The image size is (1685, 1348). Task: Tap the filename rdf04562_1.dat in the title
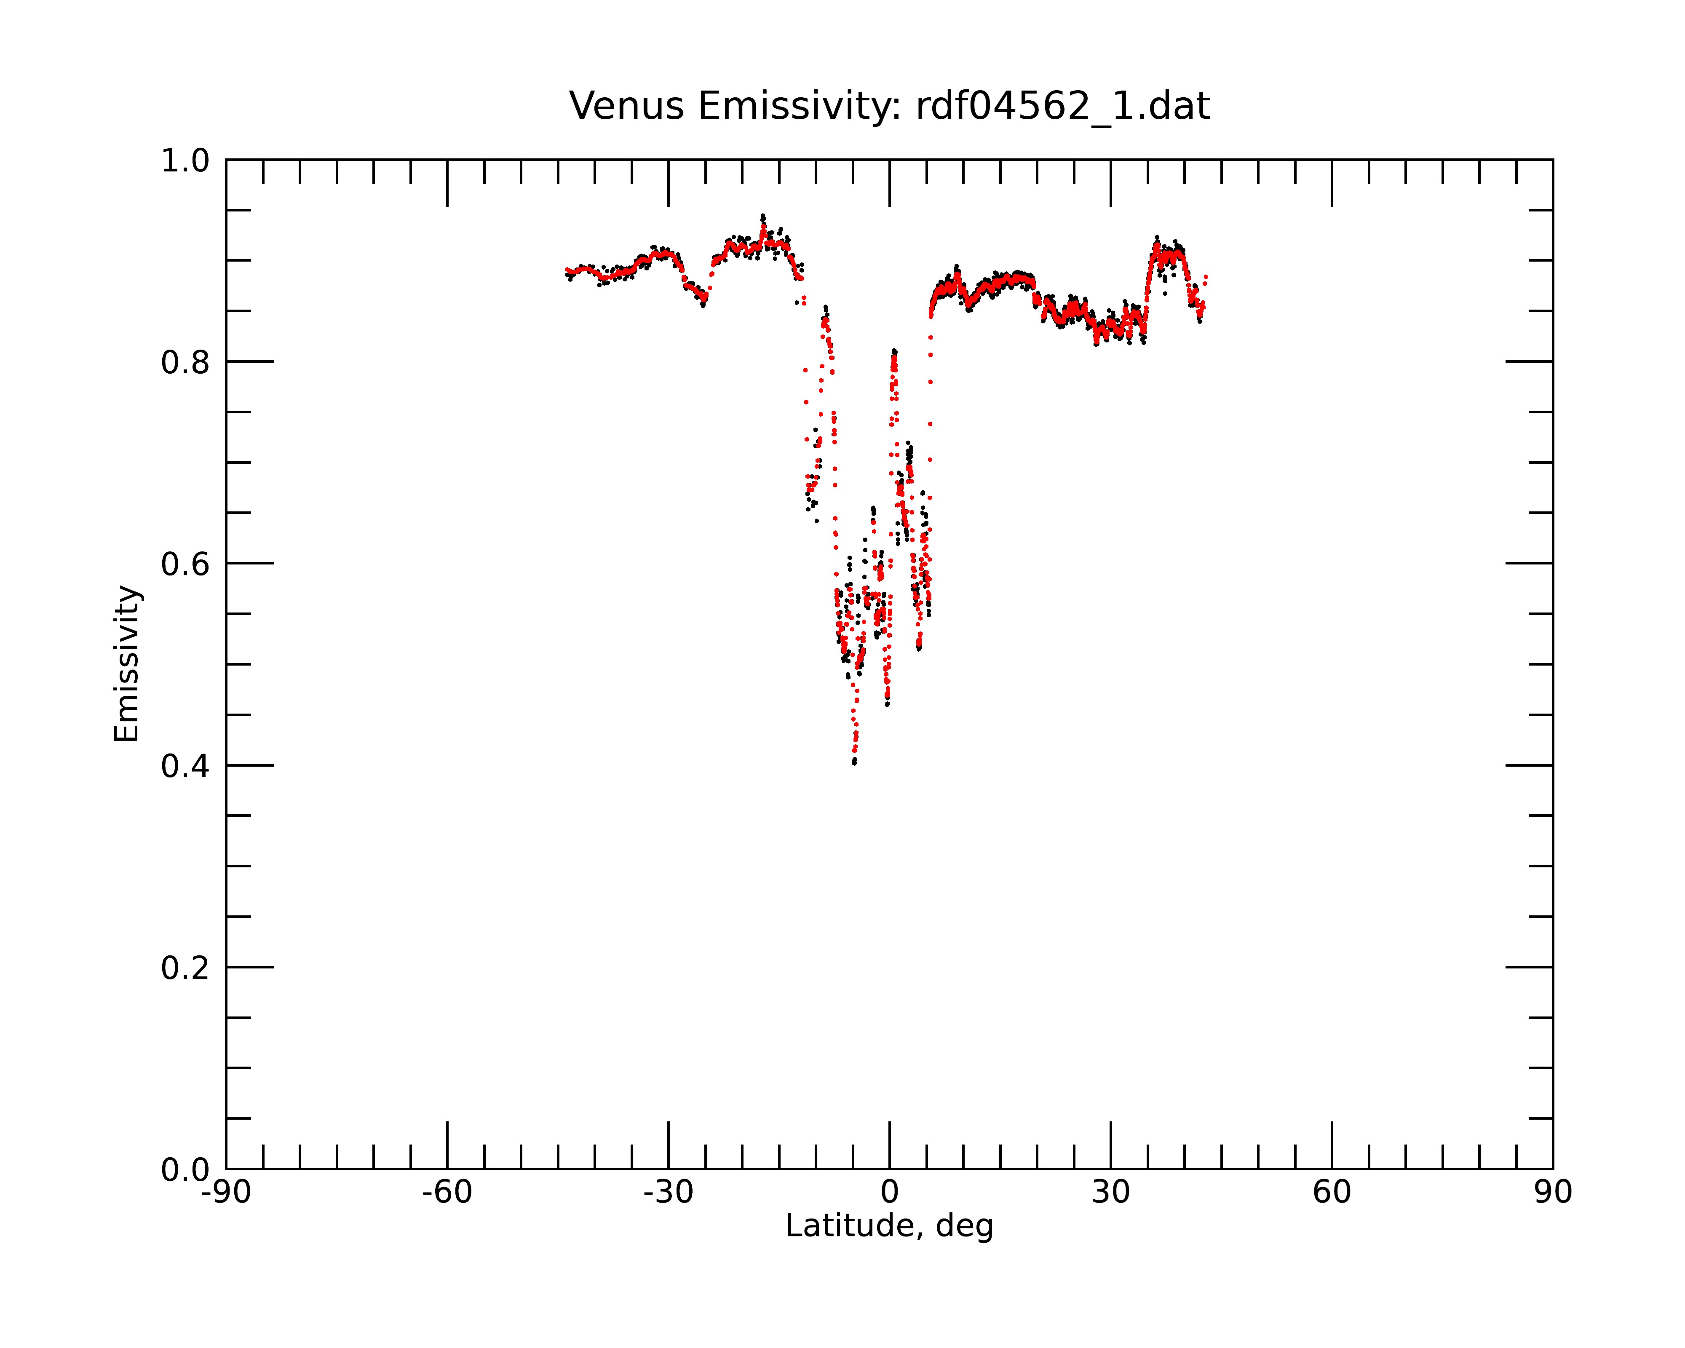click(x=1063, y=106)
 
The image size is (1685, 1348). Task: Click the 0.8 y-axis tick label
click(x=185, y=363)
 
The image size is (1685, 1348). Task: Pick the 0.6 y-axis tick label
click(x=185, y=564)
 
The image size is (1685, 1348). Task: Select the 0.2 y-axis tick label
click(x=185, y=968)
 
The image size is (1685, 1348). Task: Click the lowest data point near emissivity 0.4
click(x=854, y=762)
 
